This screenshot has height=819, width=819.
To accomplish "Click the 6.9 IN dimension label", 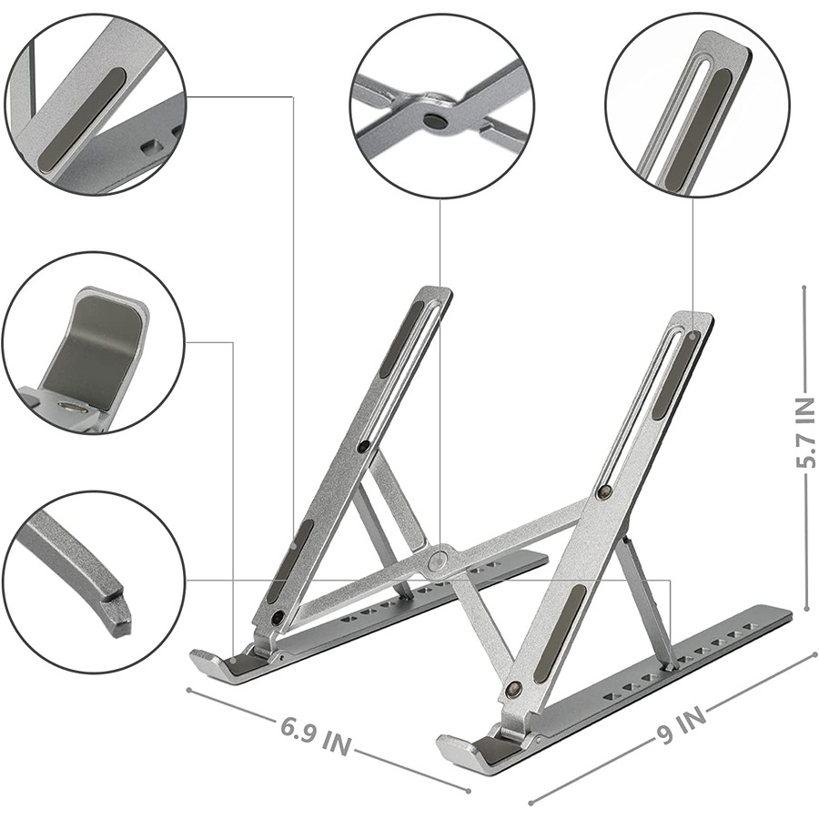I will pos(315,735).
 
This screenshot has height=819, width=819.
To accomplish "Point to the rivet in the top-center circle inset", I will pos(436,119).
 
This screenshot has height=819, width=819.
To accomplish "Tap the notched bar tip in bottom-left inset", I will pos(116,619).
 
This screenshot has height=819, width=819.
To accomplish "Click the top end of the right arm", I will pos(695,322).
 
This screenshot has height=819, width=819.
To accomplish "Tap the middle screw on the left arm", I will pos(363,446).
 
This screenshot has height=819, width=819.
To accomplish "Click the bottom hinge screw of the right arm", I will pos(515,691).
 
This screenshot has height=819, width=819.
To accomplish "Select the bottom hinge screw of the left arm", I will pos(276,618).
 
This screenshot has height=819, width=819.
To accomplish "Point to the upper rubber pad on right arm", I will pos(672,380).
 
